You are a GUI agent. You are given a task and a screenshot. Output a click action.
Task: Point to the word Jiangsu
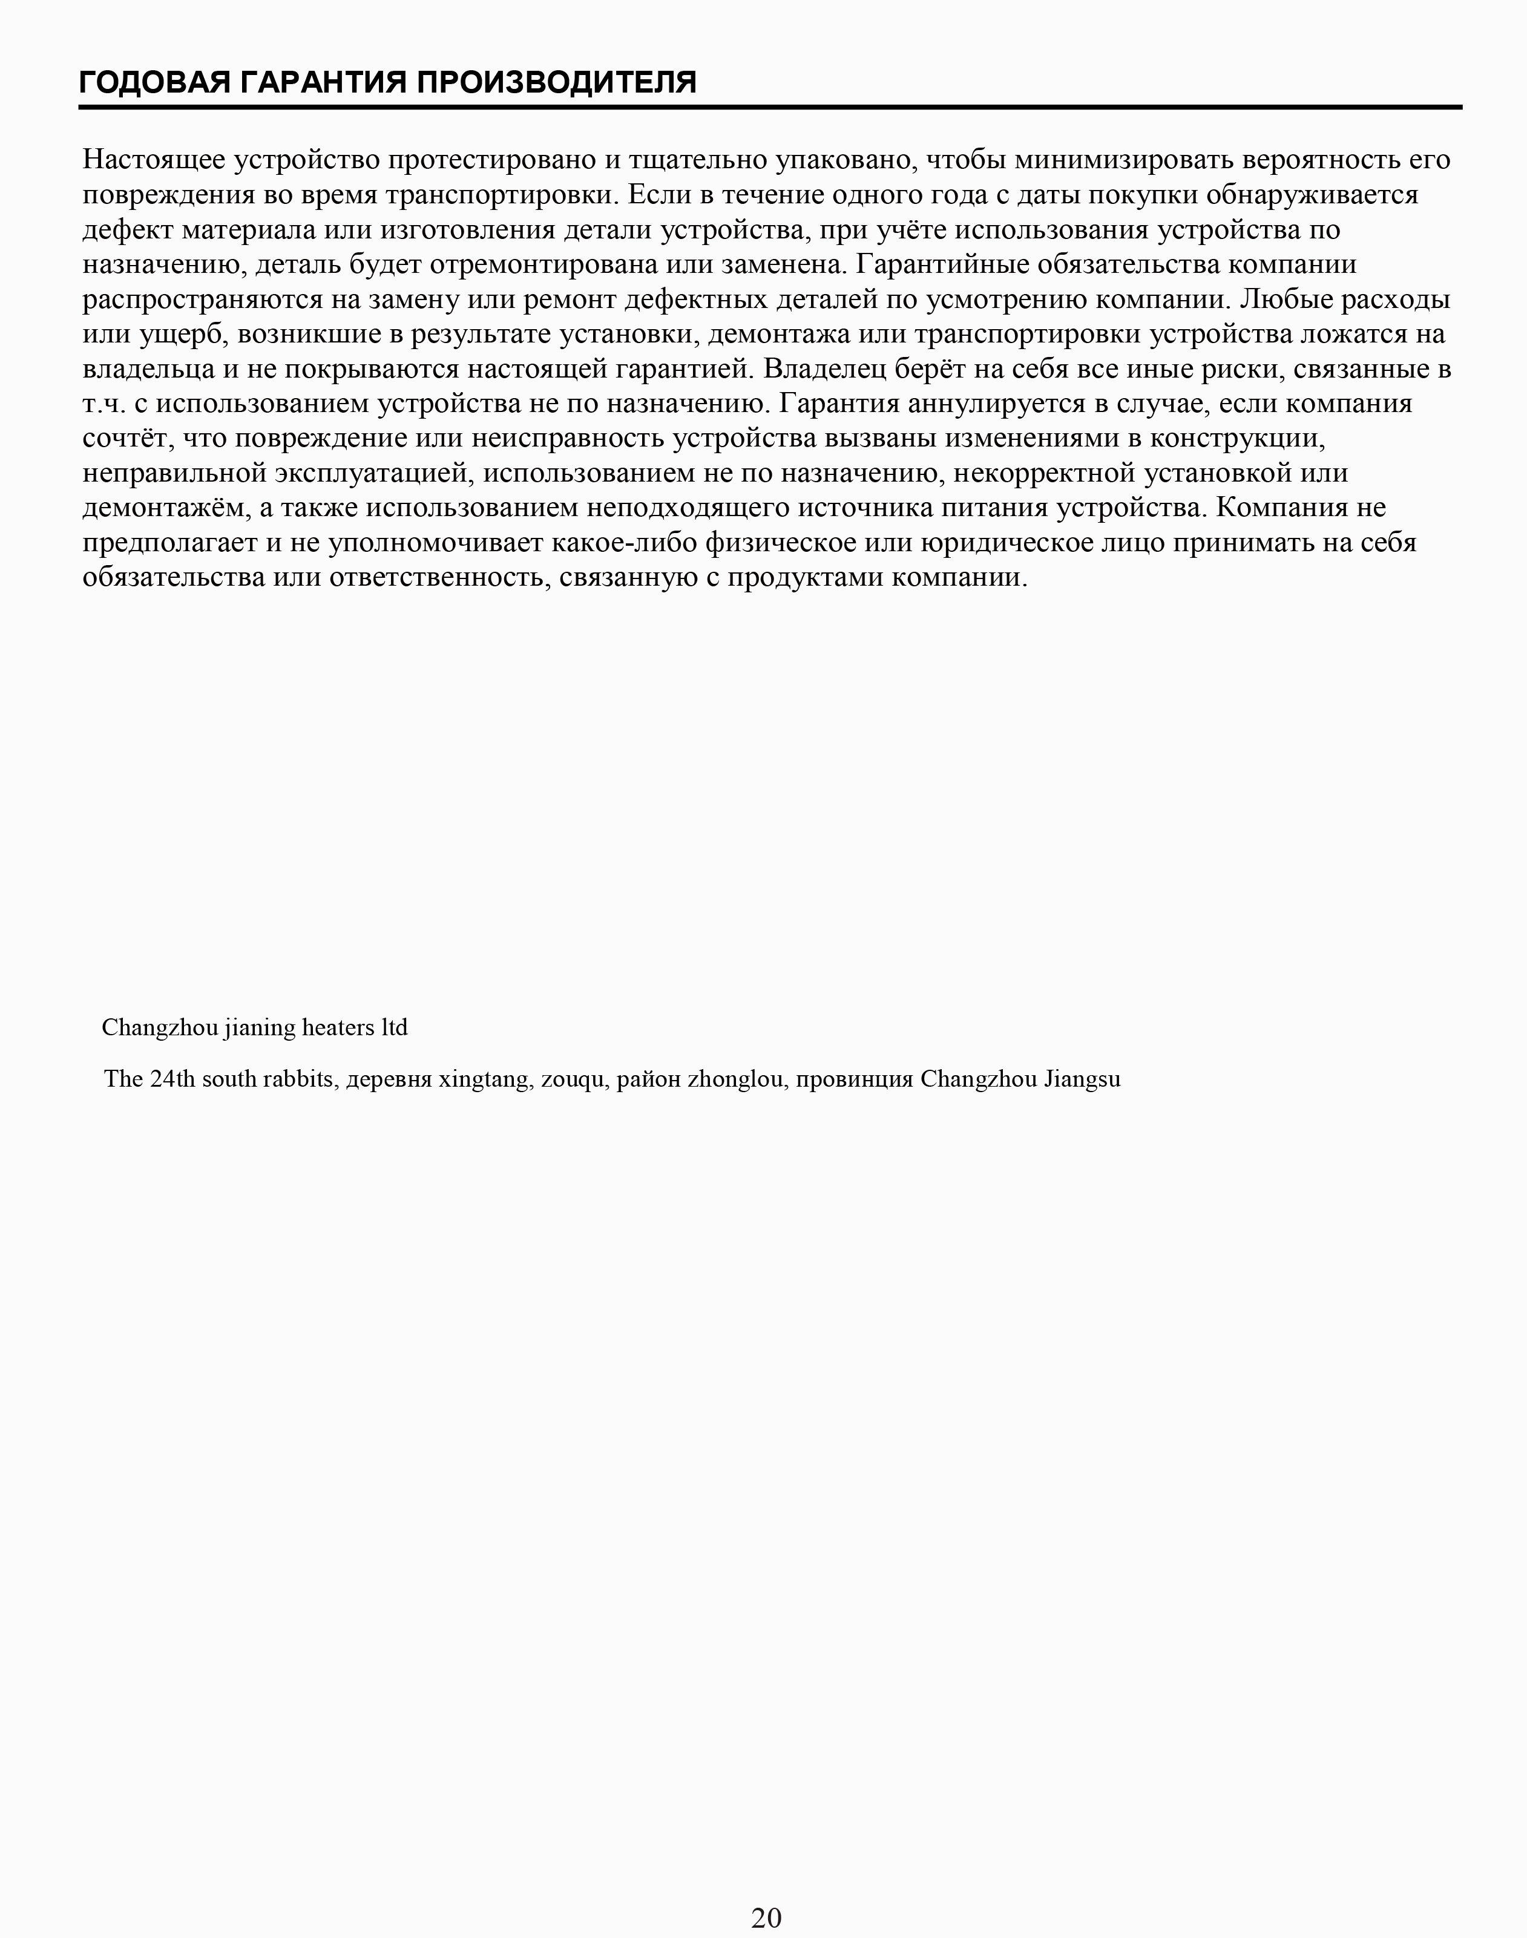tap(1082, 1079)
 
